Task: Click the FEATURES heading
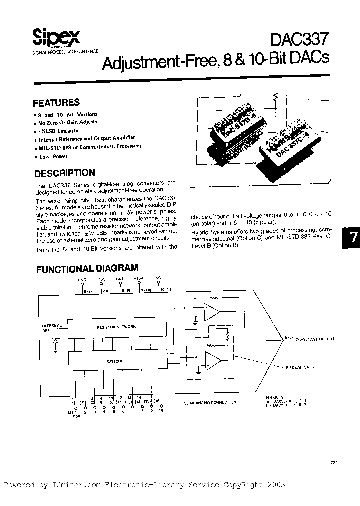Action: [x=56, y=103]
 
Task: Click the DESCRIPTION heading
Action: [x=64, y=173]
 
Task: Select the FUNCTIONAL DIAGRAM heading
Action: [x=88, y=269]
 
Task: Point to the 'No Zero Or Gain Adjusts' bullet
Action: [x=68, y=122]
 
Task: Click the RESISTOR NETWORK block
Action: [x=116, y=326]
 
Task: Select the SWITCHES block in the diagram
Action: [x=116, y=360]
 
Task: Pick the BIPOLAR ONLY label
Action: [x=300, y=367]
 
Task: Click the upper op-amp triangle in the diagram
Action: [x=212, y=313]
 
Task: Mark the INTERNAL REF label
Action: [x=52, y=327]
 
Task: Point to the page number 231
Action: [x=334, y=462]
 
